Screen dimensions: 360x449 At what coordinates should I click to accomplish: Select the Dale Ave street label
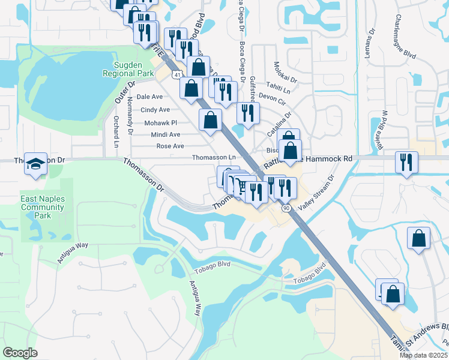pos(149,97)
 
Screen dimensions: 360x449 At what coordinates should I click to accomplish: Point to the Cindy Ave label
pos(155,110)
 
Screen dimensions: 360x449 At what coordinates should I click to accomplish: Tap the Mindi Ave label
pos(166,135)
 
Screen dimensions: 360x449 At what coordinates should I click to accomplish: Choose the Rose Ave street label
pos(170,146)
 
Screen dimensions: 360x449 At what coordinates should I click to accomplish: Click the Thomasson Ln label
pos(213,157)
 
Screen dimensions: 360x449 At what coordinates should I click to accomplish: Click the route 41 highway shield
pos(176,73)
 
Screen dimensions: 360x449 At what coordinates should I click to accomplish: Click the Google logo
pos(20,353)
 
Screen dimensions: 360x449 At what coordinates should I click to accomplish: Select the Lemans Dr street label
pos(371,40)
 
